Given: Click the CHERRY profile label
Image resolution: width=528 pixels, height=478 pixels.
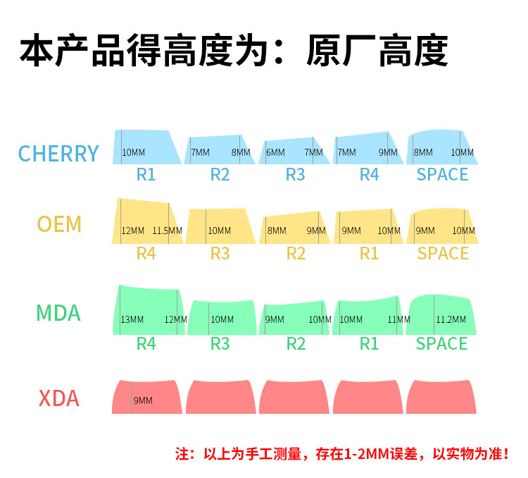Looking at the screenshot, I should tap(58, 153).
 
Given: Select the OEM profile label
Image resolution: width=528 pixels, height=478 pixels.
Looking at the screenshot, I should tap(59, 224).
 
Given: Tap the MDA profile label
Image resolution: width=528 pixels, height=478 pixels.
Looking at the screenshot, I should tap(58, 312).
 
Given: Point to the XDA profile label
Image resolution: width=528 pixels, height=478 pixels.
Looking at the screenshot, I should tap(58, 399).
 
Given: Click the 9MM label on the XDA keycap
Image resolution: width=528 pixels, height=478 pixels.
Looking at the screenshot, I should tap(143, 400).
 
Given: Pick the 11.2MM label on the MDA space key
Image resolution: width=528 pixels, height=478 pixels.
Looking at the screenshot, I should tap(451, 319).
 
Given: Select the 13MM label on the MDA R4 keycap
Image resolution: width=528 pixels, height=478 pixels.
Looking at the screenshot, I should tap(132, 319).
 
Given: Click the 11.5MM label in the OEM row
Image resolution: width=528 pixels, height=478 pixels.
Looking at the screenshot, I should tap(168, 231).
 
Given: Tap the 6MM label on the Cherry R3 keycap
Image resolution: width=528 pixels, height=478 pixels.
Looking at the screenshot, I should tap(275, 152).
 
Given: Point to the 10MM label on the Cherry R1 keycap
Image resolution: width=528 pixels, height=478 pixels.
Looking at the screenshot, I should tap(134, 152).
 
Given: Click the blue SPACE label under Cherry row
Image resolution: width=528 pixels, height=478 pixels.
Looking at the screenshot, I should tap(442, 174).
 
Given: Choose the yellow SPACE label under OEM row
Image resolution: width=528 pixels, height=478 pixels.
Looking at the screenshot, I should tap(443, 253).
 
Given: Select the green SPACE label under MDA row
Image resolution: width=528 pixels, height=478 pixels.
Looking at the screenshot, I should tap(441, 343).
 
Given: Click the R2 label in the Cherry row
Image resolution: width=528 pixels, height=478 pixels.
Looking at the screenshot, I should tap(220, 174).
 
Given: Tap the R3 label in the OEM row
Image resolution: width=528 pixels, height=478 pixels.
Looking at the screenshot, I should tap(220, 253).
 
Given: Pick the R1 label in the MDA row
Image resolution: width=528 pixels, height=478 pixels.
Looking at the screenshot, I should tap(369, 343).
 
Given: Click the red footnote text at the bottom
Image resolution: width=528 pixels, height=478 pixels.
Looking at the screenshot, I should tap(341, 453).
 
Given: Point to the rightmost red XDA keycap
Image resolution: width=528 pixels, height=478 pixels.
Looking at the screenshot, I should tap(441, 397).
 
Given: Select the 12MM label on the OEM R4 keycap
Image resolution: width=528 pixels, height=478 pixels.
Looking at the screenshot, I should tap(132, 231).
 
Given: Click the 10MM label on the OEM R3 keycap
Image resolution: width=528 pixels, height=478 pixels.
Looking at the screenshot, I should tap(220, 231).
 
